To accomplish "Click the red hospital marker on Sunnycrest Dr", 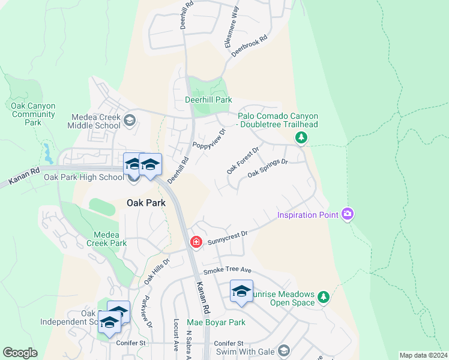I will click(x=196, y=242).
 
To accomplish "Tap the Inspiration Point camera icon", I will click(x=347, y=214).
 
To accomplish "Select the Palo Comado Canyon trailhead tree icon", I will click(x=301, y=138).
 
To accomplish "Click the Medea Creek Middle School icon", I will click(x=128, y=121).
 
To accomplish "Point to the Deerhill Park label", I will click(x=208, y=100).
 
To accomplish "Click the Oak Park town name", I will click(x=146, y=203).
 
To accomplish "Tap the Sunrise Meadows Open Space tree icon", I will click(x=324, y=297).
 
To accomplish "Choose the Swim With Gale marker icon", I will click(x=283, y=350).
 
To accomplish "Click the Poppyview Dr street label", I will click(x=209, y=140).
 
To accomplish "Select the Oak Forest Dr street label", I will click(x=242, y=159).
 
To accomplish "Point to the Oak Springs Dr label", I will click(x=268, y=169).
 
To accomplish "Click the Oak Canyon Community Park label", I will click(x=34, y=114).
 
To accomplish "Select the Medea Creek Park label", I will click(x=106, y=239).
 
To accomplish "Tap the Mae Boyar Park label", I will click(x=216, y=322).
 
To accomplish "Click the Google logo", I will click(x=20, y=353).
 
